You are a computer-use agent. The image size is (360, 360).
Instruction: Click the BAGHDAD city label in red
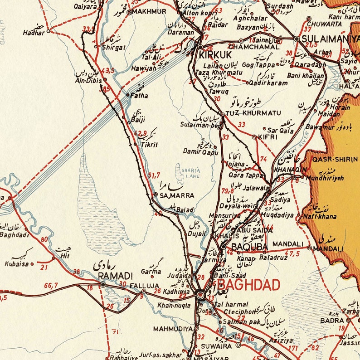(245, 285)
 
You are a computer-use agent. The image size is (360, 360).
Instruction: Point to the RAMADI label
(115, 276)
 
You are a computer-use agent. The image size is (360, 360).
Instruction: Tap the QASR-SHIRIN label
(335, 159)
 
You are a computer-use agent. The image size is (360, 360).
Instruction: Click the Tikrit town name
(149, 145)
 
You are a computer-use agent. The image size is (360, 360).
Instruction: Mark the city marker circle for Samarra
(156, 195)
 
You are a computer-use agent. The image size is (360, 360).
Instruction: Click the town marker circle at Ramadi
(103, 284)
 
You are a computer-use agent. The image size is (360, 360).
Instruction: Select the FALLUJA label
(144, 286)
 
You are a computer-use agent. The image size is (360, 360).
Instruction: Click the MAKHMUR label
(149, 12)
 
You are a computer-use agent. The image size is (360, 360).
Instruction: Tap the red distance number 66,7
(51, 285)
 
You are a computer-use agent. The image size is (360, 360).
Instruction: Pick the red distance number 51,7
(154, 174)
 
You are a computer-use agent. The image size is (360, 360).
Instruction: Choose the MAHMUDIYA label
(173, 328)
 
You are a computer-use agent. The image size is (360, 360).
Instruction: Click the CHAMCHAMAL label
(253, 47)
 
